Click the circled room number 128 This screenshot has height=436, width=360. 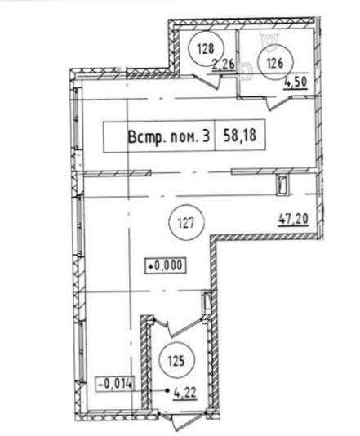[x=206, y=49]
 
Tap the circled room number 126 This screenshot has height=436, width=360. [x=275, y=64]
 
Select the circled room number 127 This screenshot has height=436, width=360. [x=187, y=223]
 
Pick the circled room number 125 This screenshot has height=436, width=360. [x=176, y=361]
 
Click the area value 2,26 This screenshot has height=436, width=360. [x=223, y=65]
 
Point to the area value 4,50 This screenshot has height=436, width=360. [x=296, y=82]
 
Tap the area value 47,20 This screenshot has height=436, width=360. [x=293, y=219]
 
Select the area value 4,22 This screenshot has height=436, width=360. [x=185, y=393]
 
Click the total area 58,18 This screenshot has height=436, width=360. [x=240, y=136]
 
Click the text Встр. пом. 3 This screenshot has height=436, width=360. [x=169, y=137]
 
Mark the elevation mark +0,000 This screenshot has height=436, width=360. [x=166, y=266]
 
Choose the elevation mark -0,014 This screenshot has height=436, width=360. [x=114, y=385]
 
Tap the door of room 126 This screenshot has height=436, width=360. [x=279, y=103]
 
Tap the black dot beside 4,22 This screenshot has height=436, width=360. [x=167, y=390]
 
